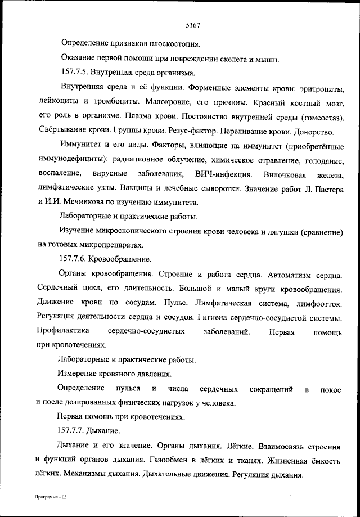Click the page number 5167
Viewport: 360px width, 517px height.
pyautogui.click(x=193, y=25)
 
